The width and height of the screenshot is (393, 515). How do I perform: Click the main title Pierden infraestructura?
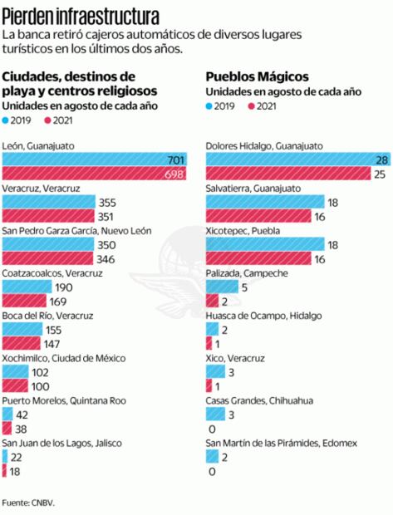(81, 15)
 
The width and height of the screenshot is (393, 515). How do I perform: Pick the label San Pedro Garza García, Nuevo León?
(77, 230)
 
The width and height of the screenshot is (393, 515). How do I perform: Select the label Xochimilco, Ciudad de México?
(64, 358)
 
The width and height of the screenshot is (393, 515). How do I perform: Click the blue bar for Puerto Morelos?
(7, 414)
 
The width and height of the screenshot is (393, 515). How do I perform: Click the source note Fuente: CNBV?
(28, 503)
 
